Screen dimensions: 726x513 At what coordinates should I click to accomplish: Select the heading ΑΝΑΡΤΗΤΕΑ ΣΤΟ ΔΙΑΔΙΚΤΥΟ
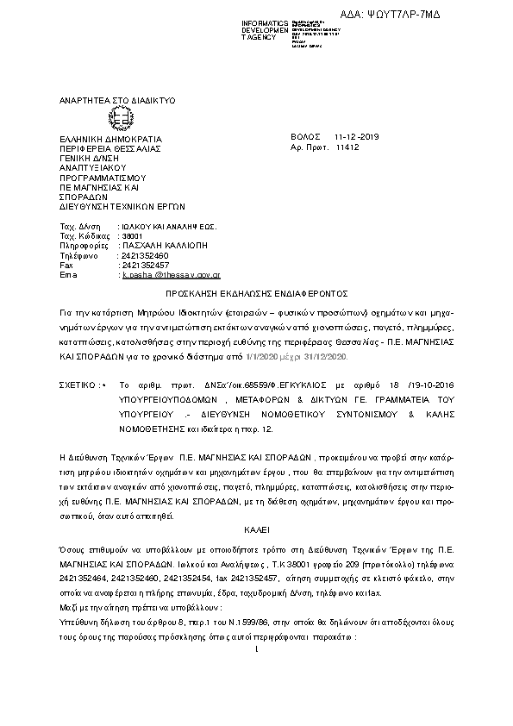click(x=116, y=101)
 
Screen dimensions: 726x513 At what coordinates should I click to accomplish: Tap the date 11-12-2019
click(x=357, y=138)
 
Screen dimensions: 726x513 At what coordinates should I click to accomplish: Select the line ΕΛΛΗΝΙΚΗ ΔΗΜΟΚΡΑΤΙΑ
click(x=109, y=138)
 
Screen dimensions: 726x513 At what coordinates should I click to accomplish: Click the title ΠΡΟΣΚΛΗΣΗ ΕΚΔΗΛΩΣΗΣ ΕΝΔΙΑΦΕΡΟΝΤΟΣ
click(x=255, y=294)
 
